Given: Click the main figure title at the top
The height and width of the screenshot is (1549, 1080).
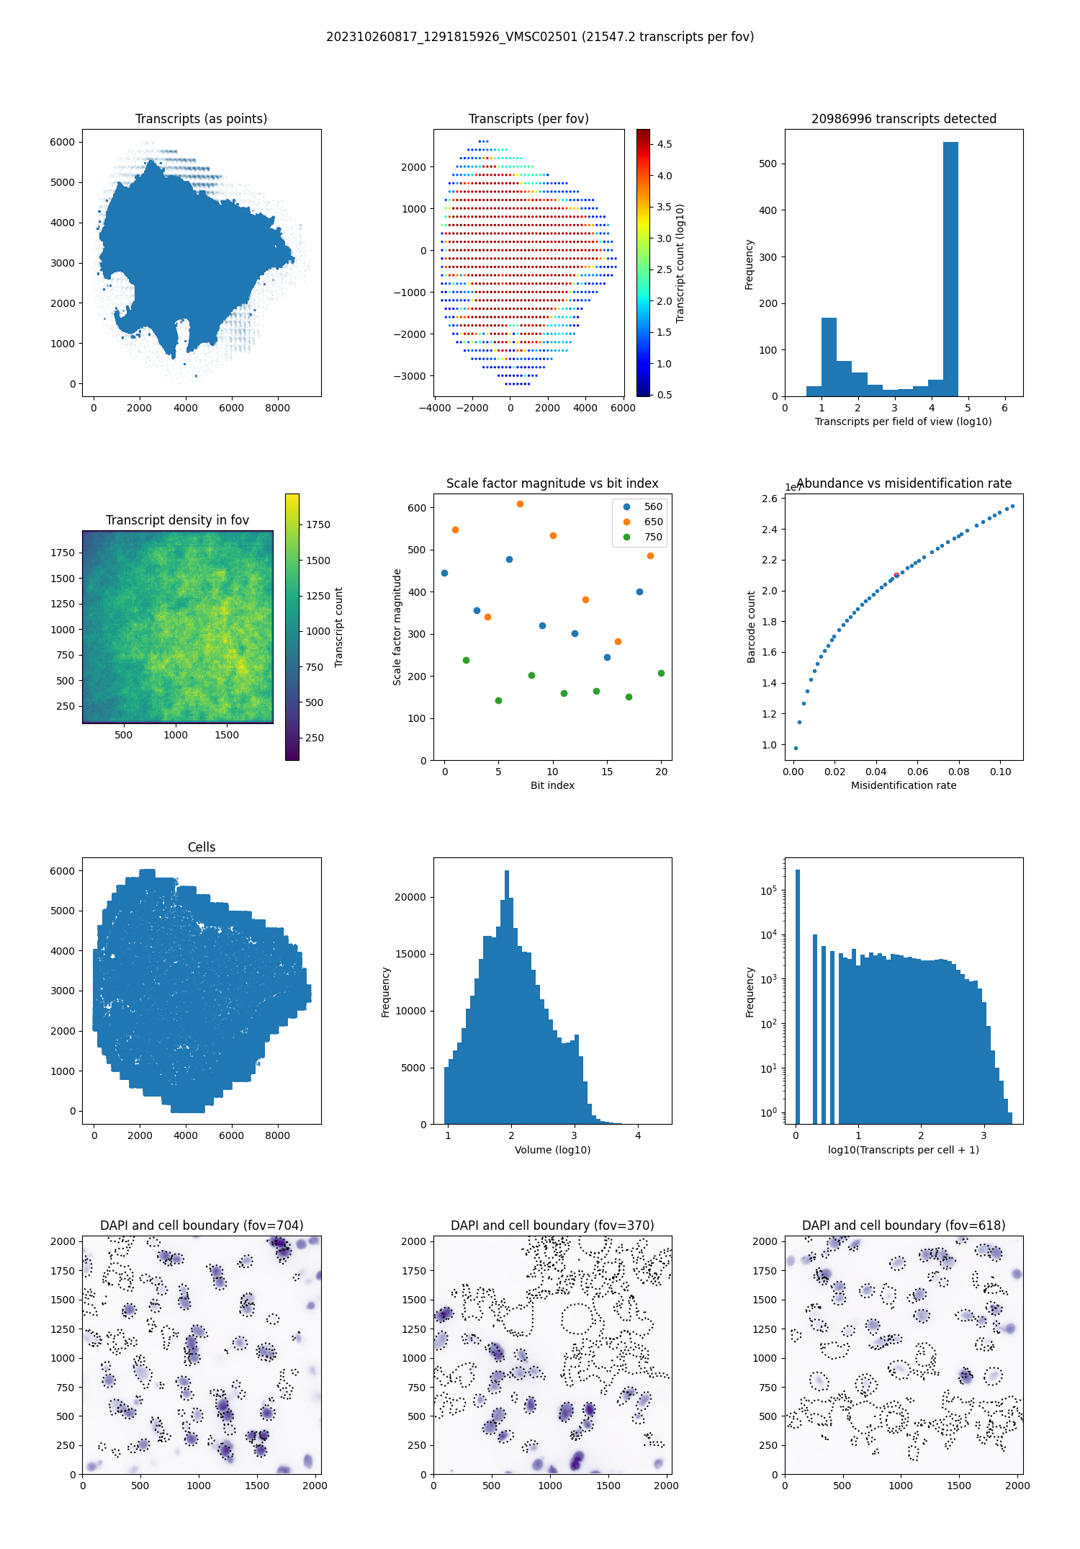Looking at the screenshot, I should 540,37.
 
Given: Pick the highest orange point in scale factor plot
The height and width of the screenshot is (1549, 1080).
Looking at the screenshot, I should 520,504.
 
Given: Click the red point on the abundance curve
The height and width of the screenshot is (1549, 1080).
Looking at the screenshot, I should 896,575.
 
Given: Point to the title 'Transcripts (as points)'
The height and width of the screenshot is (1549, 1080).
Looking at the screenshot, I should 201,119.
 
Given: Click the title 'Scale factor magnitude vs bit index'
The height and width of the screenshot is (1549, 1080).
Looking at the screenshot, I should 552,483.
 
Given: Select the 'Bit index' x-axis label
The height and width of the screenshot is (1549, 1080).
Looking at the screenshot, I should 552,785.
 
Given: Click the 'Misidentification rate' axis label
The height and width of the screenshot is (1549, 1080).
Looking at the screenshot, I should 904,785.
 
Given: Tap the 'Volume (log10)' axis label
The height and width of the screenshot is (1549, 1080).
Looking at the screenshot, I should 552,1150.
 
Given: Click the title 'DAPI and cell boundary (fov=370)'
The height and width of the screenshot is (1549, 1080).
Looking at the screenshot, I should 552,1226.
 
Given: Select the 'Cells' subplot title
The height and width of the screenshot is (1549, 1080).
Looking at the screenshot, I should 202,847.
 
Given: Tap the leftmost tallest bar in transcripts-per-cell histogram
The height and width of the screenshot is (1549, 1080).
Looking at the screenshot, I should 797,994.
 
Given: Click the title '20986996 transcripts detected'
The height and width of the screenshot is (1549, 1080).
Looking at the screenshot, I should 904,119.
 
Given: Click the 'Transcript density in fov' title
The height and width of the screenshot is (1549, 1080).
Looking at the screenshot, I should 177,520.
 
